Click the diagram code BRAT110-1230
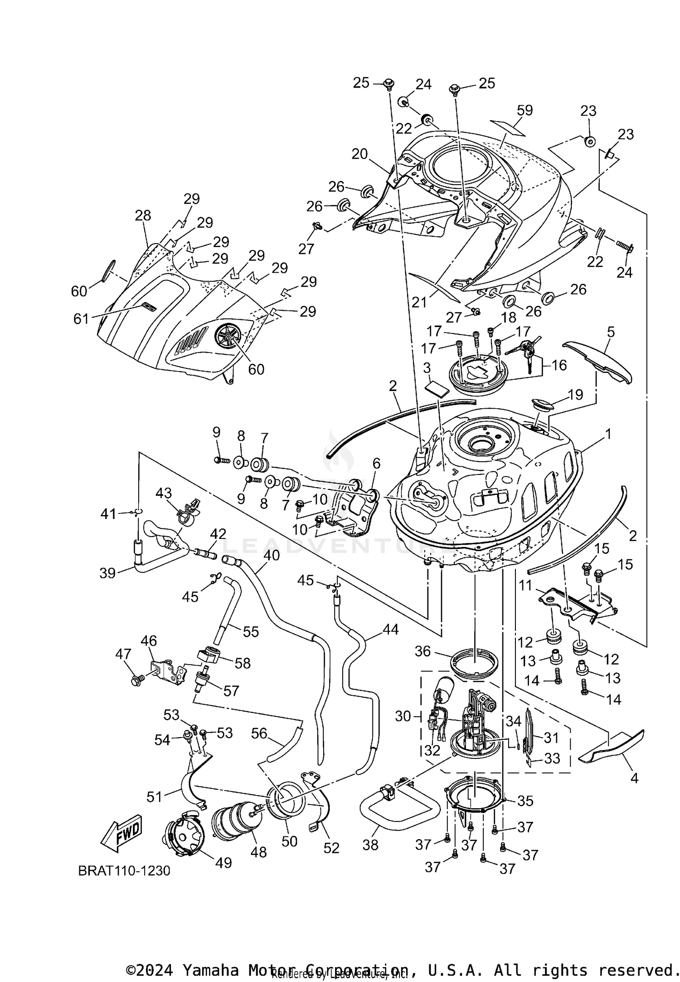tap(124, 871)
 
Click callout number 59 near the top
tap(525, 110)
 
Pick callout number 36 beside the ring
tap(422, 651)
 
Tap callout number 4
tap(634, 778)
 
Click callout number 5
tap(611, 332)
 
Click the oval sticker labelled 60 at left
tap(109, 271)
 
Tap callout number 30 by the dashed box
tap(403, 716)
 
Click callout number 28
tap(143, 215)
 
